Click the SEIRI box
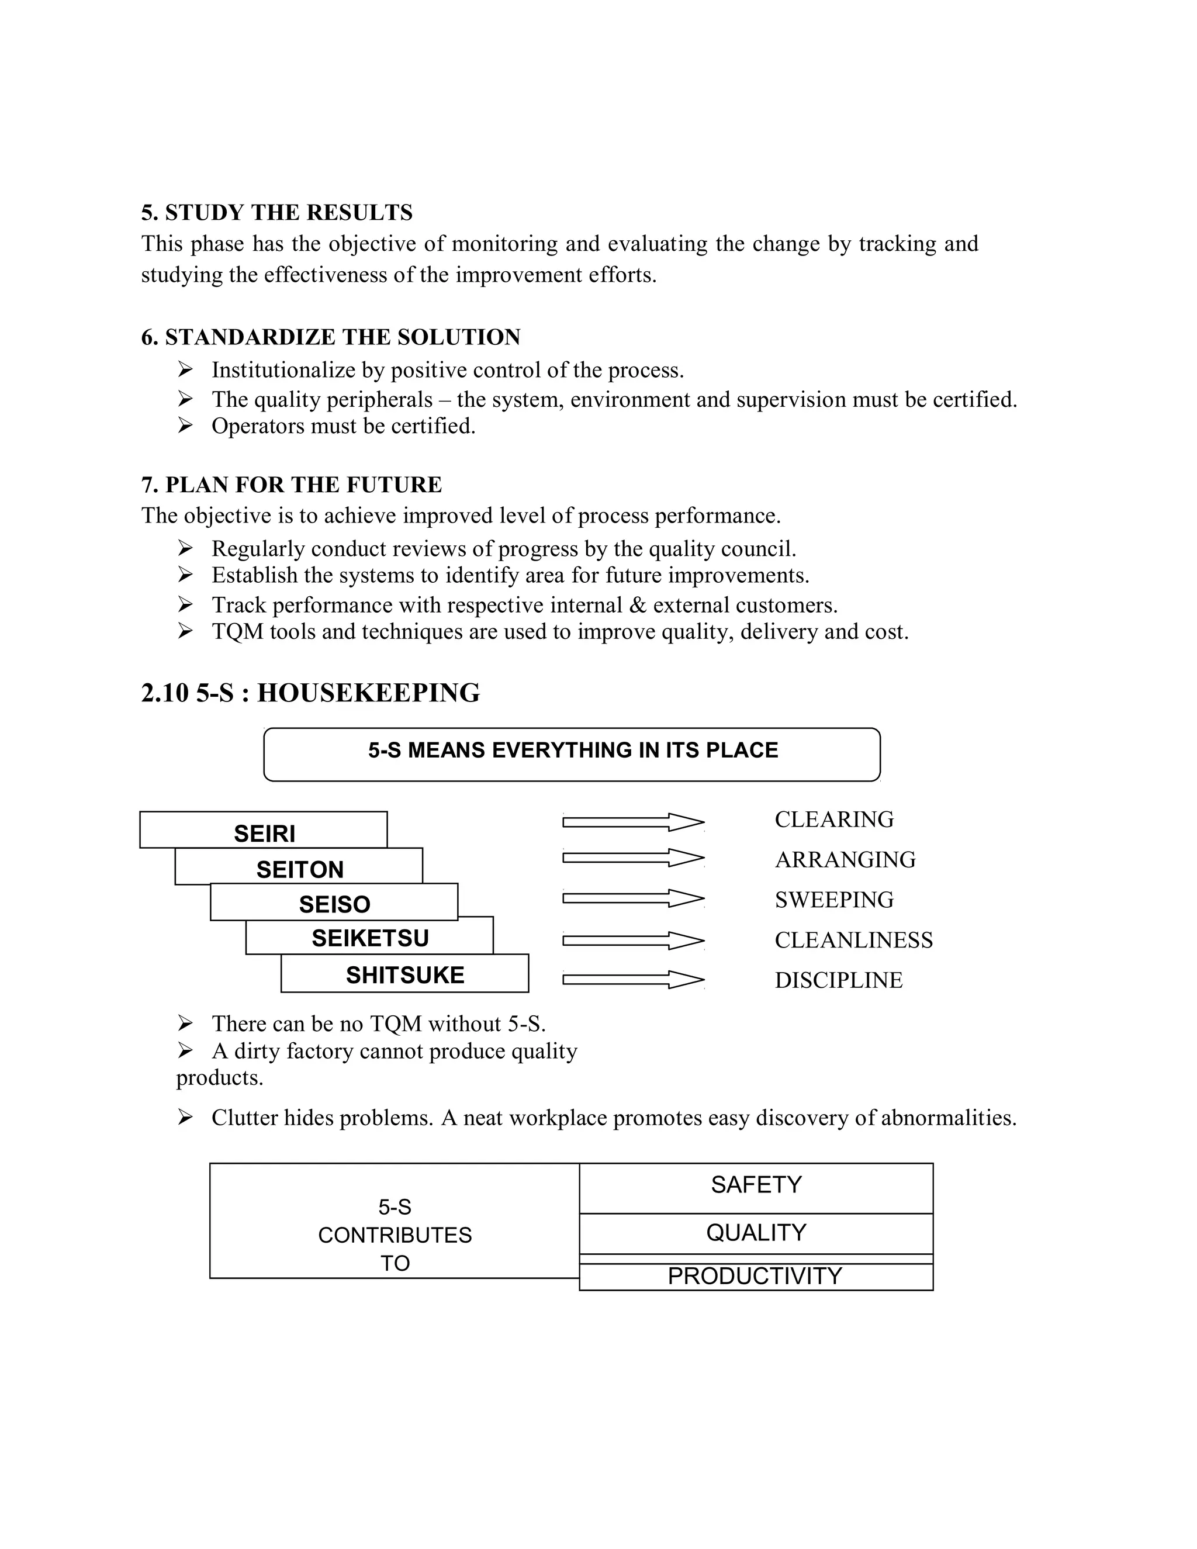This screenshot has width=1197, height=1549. pos(264,832)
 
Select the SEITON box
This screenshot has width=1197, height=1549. pos(299,868)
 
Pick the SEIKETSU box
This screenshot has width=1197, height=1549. pos(369,938)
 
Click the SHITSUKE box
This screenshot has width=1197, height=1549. pos(405,974)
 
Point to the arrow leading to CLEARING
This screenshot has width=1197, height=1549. pos(632,822)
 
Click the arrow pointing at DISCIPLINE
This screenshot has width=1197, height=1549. pos(632,980)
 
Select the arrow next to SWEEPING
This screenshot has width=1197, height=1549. pos(632,898)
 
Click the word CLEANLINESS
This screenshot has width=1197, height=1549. pos(853,940)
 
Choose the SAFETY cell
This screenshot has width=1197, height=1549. pos(756,1184)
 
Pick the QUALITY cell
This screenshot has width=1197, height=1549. pos(756,1233)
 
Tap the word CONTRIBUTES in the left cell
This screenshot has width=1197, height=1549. pos(395,1235)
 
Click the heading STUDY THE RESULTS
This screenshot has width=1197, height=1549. pos(289,213)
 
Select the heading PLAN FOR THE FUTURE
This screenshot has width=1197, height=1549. pos(303,485)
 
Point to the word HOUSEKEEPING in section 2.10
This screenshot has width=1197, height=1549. pos(368,693)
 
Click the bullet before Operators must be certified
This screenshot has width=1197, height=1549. pos(185,426)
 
